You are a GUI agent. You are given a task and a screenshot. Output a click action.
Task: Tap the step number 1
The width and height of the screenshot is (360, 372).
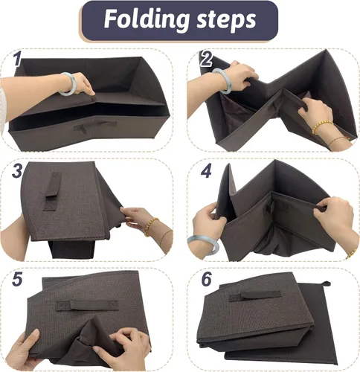(x=16, y=60)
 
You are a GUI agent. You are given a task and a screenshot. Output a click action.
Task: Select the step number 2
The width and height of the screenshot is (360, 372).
(x=206, y=59)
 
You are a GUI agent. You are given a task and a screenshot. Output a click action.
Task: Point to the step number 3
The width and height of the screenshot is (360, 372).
(x=16, y=170)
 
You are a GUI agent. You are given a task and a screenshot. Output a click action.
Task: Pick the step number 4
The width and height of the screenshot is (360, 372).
(x=206, y=170)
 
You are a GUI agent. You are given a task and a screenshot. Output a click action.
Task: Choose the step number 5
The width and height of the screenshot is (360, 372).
(x=17, y=279)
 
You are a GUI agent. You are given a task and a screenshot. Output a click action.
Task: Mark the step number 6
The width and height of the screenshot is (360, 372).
(x=206, y=279)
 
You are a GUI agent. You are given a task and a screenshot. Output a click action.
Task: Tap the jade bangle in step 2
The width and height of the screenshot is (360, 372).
(x=222, y=80)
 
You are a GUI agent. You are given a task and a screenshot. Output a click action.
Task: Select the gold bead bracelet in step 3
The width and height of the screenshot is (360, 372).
(x=150, y=226)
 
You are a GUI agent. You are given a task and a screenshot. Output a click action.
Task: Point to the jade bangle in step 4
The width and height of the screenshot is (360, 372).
(x=203, y=245)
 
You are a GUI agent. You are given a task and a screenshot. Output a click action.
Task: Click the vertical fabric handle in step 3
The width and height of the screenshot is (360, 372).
(x=52, y=191)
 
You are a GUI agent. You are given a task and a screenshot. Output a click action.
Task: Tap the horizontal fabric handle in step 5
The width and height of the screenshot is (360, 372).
(x=86, y=305)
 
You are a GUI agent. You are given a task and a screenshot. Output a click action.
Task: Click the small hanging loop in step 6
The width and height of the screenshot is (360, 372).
(x=327, y=283)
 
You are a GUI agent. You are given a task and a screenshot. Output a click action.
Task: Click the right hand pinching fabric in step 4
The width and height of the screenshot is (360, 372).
(x=333, y=218)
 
